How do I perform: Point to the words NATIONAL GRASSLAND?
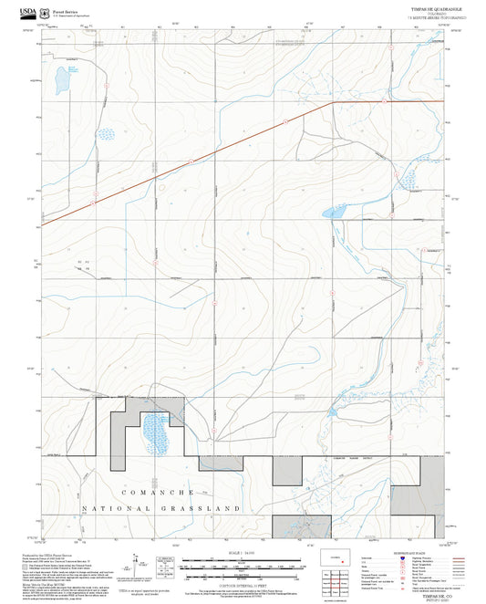pos(162,508)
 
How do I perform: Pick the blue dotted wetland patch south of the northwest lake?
pos(107,135)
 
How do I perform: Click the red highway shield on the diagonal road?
pos(285,119)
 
